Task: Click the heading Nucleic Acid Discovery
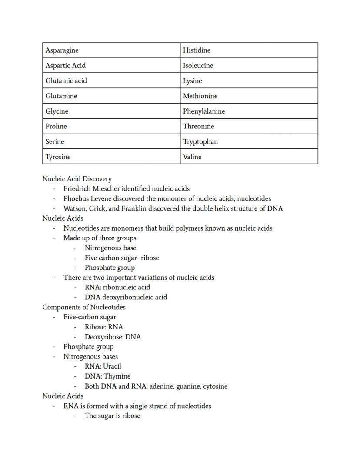click(x=77, y=179)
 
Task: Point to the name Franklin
click(x=134, y=208)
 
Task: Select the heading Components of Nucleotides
click(x=84, y=307)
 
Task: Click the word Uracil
click(x=112, y=366)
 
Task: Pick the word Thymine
click(x=117, y=376)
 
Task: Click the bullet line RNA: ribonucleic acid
click(x=117, y=288)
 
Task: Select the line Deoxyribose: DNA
click(x=113, y=337)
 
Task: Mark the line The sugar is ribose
click(x=112, y=416)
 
